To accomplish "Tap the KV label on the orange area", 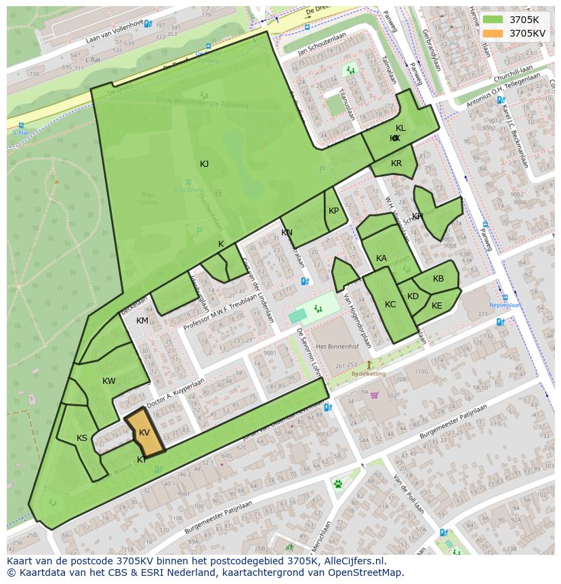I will point(144,433).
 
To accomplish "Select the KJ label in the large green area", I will point(204,164).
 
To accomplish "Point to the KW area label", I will point(109,381).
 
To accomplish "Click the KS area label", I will point(82,438).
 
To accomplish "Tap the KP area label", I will point(333,211).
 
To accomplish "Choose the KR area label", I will point(396,163).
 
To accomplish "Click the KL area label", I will point(400,128).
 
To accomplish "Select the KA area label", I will point(381,258).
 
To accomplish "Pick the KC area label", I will point(390,305).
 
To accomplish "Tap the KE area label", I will point(437,306).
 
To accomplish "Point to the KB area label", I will point(438,279).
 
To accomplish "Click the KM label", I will point(142,321).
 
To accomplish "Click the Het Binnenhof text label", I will point(337,346).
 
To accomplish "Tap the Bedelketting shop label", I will point(368,374).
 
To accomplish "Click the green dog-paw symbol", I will point(338,484).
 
